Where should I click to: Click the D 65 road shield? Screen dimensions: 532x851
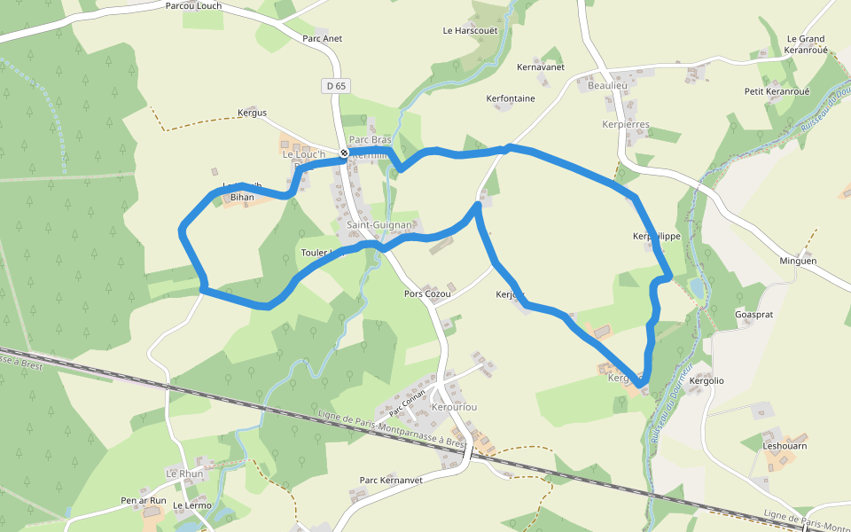336,86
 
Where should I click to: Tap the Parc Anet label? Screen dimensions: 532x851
322,39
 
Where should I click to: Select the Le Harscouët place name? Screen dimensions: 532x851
471,31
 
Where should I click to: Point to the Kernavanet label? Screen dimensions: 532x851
541,67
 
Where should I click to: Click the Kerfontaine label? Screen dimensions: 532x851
511,98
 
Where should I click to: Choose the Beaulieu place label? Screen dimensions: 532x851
607,85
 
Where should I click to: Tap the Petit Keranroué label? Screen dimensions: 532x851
777,92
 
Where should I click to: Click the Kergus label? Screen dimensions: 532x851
252,113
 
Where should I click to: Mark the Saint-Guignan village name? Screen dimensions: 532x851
380,226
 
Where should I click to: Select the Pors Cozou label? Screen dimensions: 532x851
427,294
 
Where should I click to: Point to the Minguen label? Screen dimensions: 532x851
798,262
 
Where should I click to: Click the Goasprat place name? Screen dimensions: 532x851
754,315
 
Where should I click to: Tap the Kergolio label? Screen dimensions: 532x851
707,381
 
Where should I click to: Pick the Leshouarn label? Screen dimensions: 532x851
785,446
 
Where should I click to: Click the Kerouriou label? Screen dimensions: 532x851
454,407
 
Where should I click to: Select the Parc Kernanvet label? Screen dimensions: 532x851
391,481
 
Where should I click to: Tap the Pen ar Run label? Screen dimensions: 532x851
144,501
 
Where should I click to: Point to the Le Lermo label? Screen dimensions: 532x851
192,506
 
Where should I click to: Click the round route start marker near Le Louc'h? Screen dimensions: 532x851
344,153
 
